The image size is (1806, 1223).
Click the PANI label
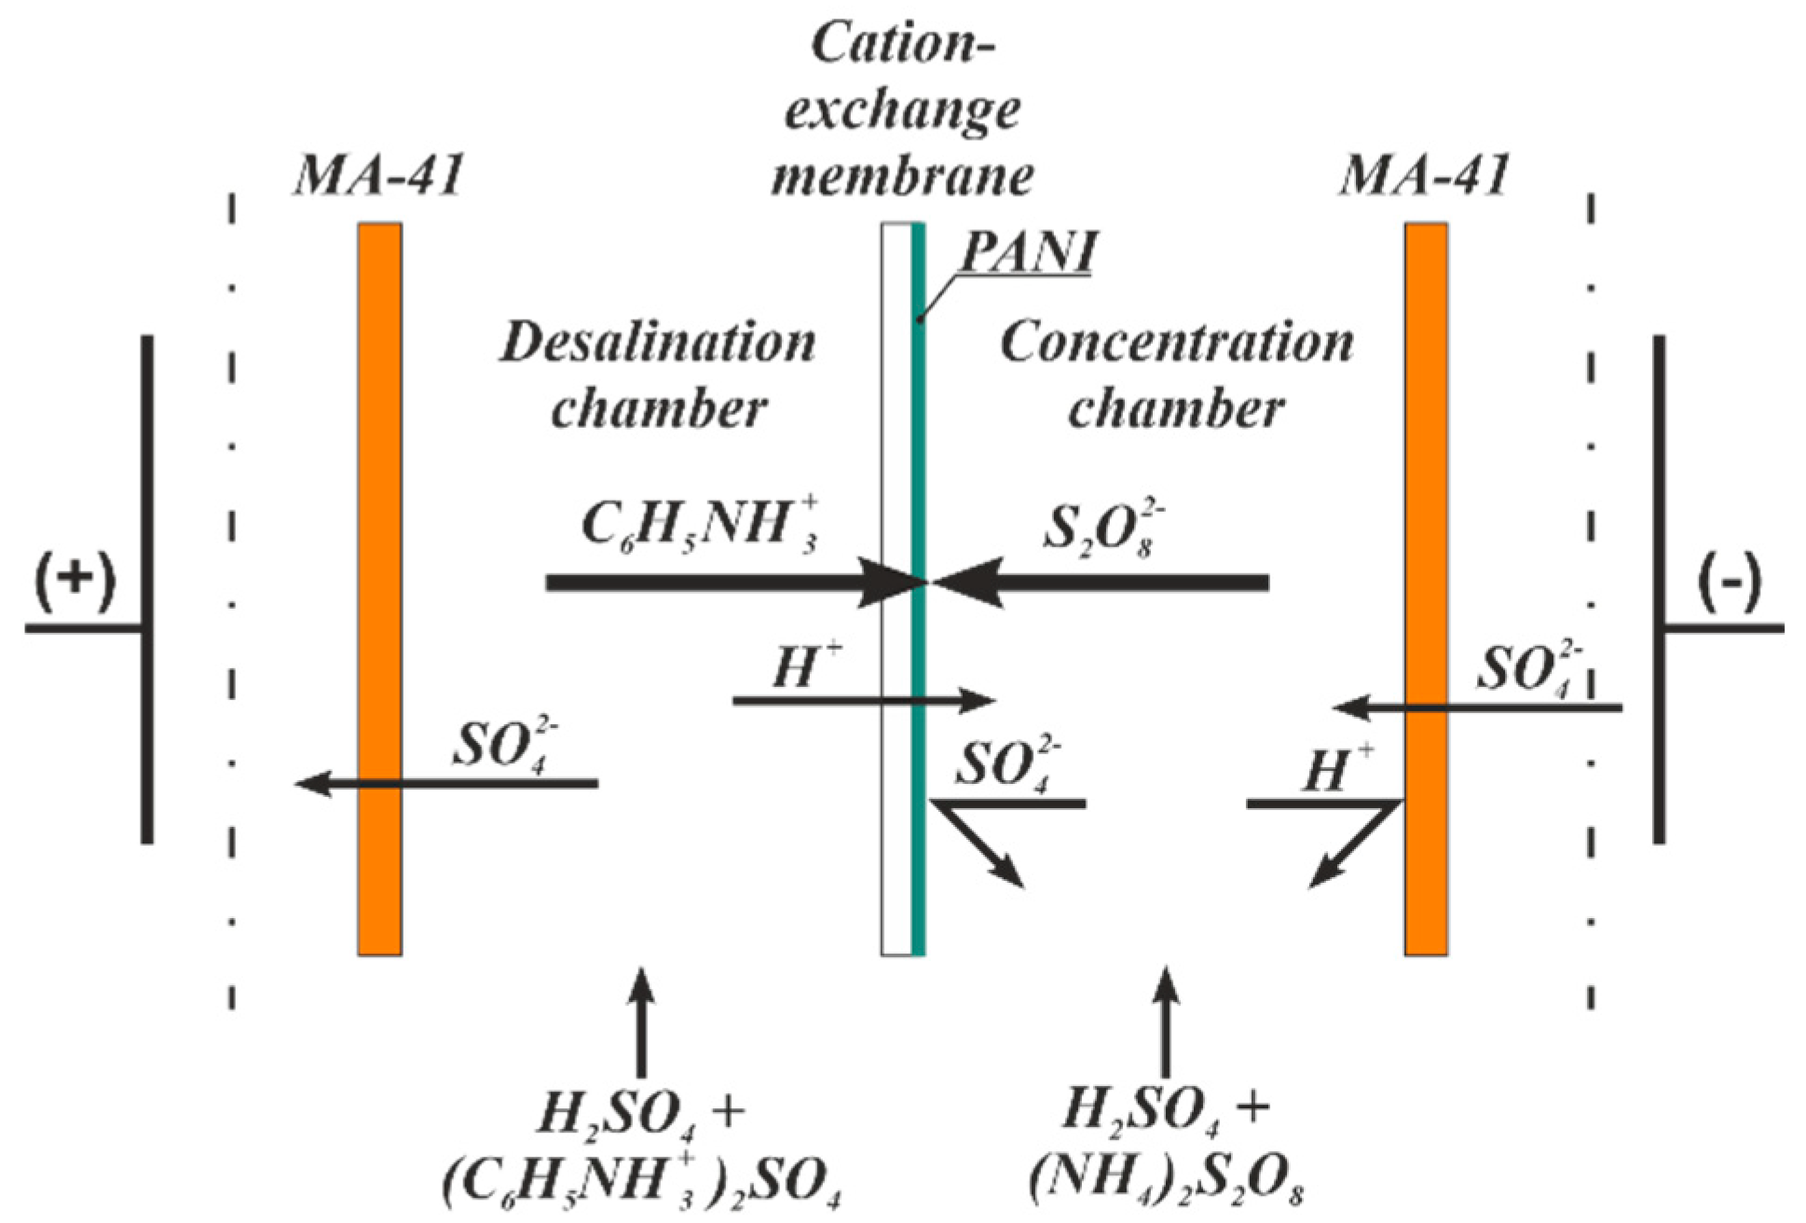(1027, 252)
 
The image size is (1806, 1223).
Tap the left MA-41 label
(378, 174)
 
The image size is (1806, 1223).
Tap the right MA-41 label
(1424, 174)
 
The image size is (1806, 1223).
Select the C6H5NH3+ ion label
(699, 527)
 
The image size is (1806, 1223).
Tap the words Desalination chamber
(658, 376)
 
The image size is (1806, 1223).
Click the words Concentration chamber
(1176, 376)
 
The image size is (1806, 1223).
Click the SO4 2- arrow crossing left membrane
(447, 784)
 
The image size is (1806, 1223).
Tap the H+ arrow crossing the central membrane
(862, 700)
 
